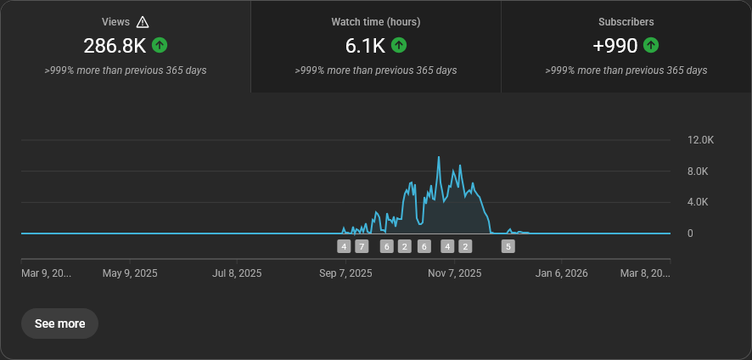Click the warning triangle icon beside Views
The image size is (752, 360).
coord(143,22)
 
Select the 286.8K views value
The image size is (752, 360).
coord(115,46)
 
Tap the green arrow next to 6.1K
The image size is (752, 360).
coord(399,46)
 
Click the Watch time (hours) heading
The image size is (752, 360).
coord(375,22)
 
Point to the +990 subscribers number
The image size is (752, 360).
coord(615,46)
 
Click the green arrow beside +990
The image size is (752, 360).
coord(650,46)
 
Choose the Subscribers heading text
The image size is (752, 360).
coord(626,22)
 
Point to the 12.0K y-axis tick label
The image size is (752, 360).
coord(700,140)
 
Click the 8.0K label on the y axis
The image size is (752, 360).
coord(698,172)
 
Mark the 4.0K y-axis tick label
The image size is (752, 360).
coord(698,202)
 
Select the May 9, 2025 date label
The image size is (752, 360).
coord(130,273)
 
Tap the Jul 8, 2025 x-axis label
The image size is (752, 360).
coord(237,273)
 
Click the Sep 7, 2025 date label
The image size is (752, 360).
coord(345,273)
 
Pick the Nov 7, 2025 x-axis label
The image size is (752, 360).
coord(454,273)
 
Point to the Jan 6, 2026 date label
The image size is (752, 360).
coord(561,273)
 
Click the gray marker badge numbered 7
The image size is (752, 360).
coord(362,247)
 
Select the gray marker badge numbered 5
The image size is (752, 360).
coord(508,247)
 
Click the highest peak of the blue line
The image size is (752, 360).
coord(439,158)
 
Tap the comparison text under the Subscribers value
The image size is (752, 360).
coord(626,70)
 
